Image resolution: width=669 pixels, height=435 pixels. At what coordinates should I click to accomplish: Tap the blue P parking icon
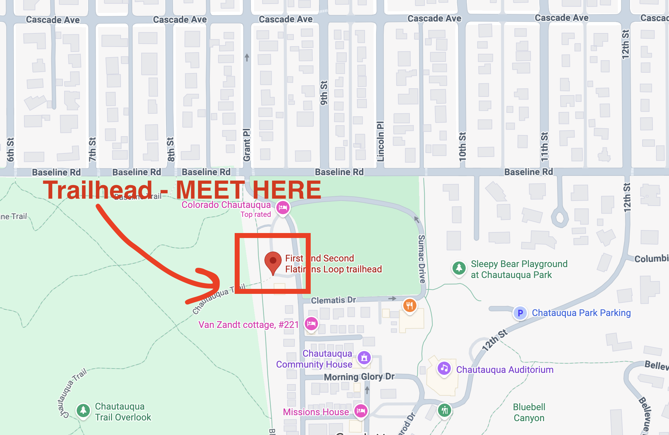pos(520,313)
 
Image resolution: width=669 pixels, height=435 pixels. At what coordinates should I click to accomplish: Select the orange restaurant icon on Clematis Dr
pos(410,305)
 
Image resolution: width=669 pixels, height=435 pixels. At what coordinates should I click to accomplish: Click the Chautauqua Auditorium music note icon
pos(444,368)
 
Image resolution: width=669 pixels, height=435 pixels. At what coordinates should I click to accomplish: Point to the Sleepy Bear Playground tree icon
pos(459,267)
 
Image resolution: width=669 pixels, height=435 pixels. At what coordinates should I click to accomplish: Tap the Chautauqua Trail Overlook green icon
pos(83,411)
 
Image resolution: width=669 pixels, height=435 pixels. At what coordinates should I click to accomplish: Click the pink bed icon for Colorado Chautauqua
pos(283,208)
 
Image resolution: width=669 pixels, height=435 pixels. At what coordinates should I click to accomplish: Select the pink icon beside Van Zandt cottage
pos(311,324)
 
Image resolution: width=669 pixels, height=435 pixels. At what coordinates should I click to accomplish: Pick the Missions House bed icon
pos(361,411)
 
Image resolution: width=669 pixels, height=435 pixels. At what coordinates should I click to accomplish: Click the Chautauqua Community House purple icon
pos(364,357)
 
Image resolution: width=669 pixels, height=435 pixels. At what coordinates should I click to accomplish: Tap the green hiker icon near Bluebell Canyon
pos(445,410)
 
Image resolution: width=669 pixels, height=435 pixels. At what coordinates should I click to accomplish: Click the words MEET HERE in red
pos(248,190)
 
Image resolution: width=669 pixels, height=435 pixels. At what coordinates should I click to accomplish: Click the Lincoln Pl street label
pos(380,141)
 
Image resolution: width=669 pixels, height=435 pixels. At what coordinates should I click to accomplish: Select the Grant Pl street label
pos(247,145)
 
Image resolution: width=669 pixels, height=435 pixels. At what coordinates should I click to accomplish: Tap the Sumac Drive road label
pos(421,259)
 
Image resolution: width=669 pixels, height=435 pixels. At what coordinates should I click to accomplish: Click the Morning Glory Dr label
pos(359,377)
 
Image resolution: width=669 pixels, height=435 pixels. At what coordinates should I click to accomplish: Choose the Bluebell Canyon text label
pos(529,412)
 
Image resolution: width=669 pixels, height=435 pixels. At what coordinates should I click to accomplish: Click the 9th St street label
pos(324,93)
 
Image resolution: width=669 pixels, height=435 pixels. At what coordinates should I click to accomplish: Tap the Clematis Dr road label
pos(333,300)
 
